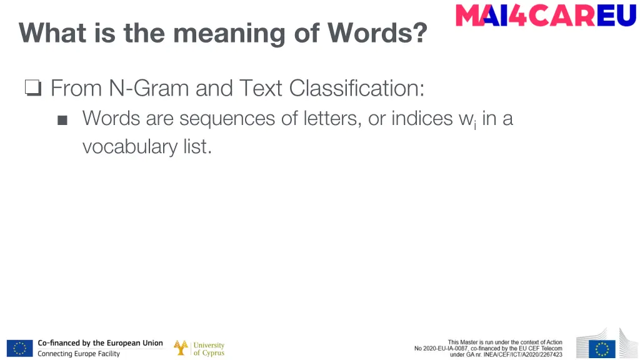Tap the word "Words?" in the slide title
377,32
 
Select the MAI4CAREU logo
546,16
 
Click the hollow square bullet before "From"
33,89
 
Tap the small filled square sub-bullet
62,120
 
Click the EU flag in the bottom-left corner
20,348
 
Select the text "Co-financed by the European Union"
100,343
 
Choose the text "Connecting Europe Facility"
79,354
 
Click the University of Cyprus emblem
181,348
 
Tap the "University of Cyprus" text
209,349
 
